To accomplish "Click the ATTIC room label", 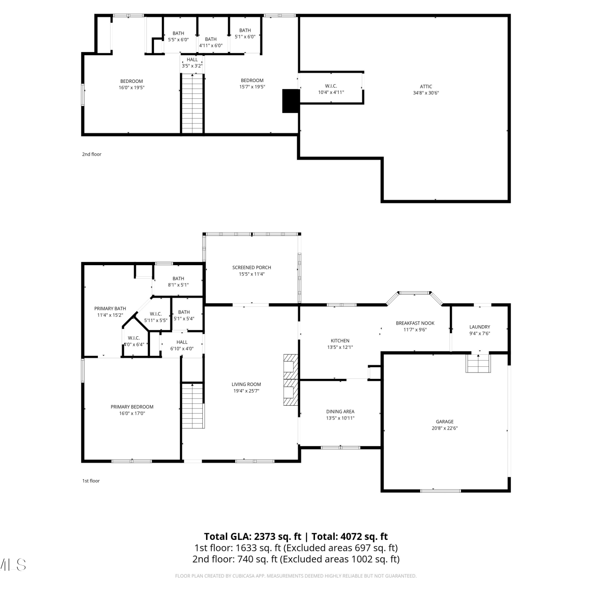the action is point(426,86).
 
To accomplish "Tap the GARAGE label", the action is point(445,422).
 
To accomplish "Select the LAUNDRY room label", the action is point(480,327).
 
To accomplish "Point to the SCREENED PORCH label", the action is point(252,268).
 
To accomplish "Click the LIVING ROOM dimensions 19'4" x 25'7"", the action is point(246,391).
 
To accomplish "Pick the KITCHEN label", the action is point(340,341).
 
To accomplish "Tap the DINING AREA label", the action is point(340,412).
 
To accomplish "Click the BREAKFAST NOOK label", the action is point(415,323).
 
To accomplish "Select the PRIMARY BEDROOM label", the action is point(132,407).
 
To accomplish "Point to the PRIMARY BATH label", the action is point(110,309).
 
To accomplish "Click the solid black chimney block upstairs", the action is point(291,101).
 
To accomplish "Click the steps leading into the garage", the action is point(478,363).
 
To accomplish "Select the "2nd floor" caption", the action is point(92,154).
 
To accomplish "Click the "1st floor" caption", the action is point(91,481).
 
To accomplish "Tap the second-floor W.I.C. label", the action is point(331,86).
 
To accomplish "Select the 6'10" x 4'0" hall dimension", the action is point(182,349).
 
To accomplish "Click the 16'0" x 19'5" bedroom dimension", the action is point(131,88).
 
